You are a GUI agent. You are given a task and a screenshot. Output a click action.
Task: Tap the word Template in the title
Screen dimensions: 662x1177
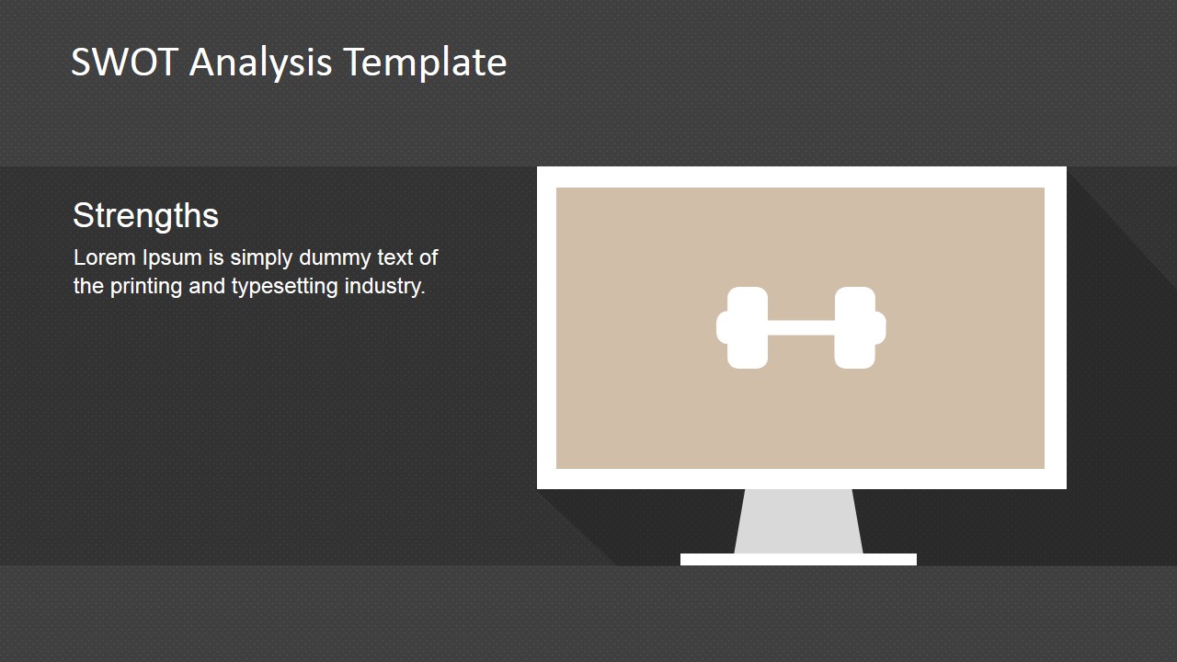pyautogui.click(x=425, y=63)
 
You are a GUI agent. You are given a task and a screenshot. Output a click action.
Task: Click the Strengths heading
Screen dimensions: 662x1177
pyautogui.click(x=145, y=216)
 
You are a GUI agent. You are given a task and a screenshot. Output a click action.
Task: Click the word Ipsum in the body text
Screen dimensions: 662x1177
pyautogui.click(x=172, y=258)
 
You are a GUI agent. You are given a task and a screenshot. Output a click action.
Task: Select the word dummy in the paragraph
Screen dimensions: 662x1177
pyautogui.click(x=335, y=258)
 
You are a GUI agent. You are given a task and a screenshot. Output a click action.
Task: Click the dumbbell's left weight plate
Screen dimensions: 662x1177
pyautogui.click(x=747, y=327)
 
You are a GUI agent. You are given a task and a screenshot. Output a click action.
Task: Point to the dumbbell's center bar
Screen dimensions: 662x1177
pyautogui.click(x=801, y=327)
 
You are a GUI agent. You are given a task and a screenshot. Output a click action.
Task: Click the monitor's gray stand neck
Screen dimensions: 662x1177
pyautogui.click(x=798, y=521)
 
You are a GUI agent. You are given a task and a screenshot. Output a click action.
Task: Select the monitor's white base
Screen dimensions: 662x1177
pyautogui.click(x=798, y=559)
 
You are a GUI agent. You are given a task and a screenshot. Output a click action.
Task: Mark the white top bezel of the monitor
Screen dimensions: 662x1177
pyautogui.click(x=801, y=177)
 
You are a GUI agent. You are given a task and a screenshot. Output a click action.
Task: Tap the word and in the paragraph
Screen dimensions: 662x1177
pyautogui.click(x=207, y=286)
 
